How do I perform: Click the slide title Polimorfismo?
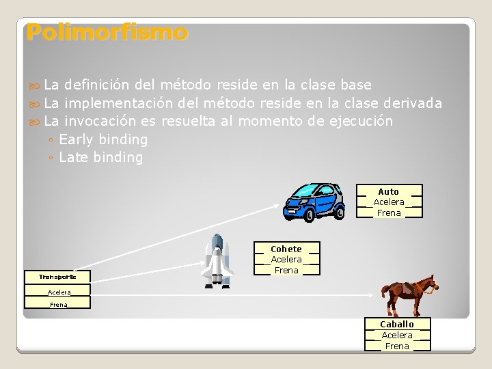(107, 32)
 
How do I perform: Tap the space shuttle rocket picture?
(217, 260)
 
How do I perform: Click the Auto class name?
(388, 191)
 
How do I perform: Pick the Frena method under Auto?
(389, 213)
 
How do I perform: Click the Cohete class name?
(286, 249)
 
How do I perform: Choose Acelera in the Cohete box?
(286, 259)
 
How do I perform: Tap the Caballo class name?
(397, 324)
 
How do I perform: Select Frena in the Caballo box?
(397, 346)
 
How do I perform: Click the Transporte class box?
(57, 277)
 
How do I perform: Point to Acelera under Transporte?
(59, 292)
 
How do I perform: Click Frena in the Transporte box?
(59, 304)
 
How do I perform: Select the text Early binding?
(103, 139)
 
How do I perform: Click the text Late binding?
(101, 158)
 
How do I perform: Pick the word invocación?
(102, 121)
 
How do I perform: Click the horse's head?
(428, 284)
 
